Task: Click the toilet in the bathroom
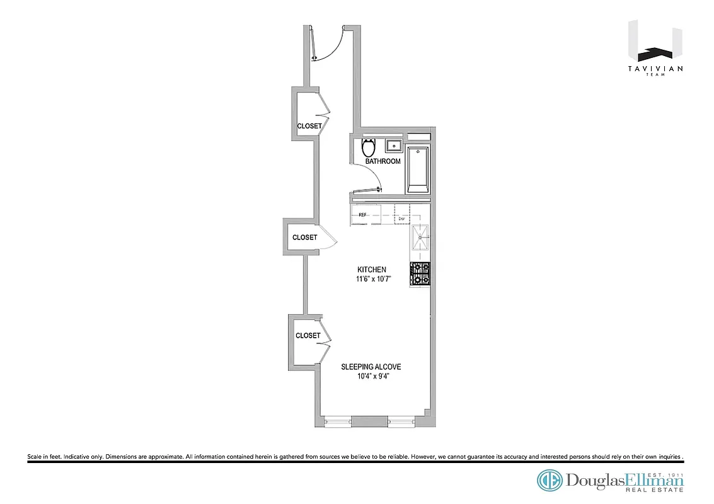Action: (369, 148)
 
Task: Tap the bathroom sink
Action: (394, 146)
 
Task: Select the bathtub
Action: (418, 169)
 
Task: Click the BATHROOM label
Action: (383, 161)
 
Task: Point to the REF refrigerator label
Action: (363, 215)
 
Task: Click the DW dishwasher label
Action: (401, 219)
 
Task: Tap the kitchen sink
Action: (420, 238)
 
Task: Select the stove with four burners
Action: (420, 275)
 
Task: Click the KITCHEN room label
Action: (372, 270)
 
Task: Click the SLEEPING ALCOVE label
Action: (371, 367)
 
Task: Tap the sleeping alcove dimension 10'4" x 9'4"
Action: (371, 377)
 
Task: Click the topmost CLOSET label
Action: (309, 126)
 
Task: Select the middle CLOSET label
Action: (305, 238)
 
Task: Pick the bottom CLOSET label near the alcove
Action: (308, 336)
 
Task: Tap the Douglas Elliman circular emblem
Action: (550, 481)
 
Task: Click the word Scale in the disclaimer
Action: (34, 456)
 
